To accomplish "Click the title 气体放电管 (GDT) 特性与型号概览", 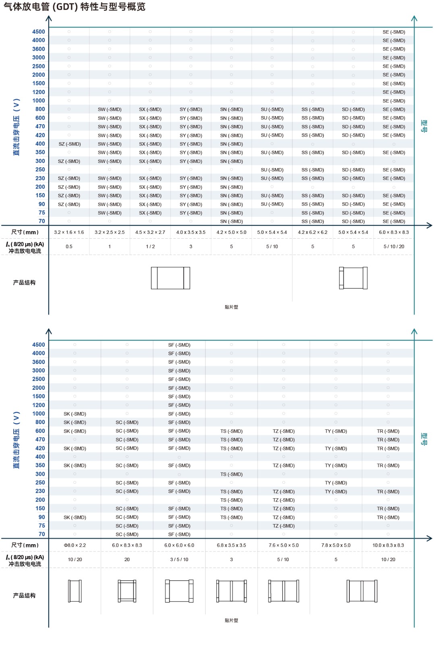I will pyautogui.click(x=75, y=7).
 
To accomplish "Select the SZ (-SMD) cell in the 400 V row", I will pyautogui.click(x=69, y=144).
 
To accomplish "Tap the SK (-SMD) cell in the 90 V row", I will pyautogui.click(x=75, y=517).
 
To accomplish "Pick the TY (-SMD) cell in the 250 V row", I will pyautogui.click(x=336, y=483).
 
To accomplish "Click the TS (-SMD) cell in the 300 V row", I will pyautogui.click(x=231, y=474).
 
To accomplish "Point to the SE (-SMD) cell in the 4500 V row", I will pyautogui.click(x=394, y=32).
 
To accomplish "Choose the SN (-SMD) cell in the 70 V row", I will pyautogui.click(x=231, y=221).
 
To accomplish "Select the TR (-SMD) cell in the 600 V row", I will pyautogui.click(x=388, y=431).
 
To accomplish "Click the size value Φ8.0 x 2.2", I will pyautogui.click(x=75, y=545).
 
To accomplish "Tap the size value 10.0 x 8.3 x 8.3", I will pyautogui.click(x=388, y=545).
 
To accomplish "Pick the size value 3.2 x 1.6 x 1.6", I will pyautogui.click(x=69, y=232).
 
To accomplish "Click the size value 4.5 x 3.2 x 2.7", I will pyautogui.click(x=150, y=232).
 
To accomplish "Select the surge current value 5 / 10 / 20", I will pyautogui.click(x=394, y=246).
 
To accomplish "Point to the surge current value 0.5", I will pyautogui.click(x=69, y=246).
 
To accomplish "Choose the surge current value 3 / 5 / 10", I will pyautogui.click(x=179, y=560).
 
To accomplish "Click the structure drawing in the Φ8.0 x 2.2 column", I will pyautogui.click(x=75, y=591).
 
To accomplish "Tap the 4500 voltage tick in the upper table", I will pyautogui.click(x=39, y=32).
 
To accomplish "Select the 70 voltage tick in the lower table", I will pyautogui.click(x=42, y=535).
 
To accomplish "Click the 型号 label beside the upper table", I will pyautogui.click(x=424, y=126).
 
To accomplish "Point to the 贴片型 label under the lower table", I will pyautogui.click(x=231, y=620).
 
